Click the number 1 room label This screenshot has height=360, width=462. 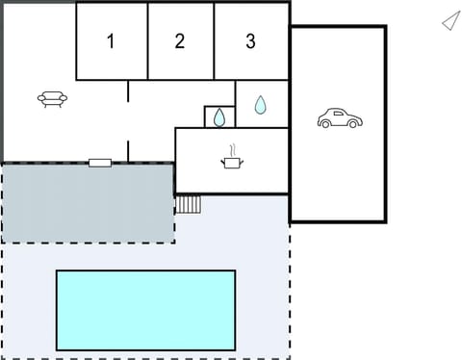pos(111,41)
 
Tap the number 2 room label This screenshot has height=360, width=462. pos(180,41)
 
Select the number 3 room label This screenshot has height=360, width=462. pos(251,41)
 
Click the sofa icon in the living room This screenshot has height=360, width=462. pos(52,98)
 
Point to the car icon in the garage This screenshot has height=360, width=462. pos(340,118)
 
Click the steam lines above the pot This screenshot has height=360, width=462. pos(232,150)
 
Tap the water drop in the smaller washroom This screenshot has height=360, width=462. pos(219,117)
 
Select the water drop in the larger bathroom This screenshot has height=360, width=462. pos(260,105)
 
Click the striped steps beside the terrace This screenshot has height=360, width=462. pos(189,204)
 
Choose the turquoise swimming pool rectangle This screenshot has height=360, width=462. pos(145,310)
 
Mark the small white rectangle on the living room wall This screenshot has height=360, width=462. pos(100,163)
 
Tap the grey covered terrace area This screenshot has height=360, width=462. pos(87,202)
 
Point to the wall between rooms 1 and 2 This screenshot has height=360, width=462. pos(147,41)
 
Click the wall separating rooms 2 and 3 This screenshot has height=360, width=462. pos(214,41)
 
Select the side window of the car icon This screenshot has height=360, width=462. pos(336,115)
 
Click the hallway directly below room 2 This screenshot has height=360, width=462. pos(180,101)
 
